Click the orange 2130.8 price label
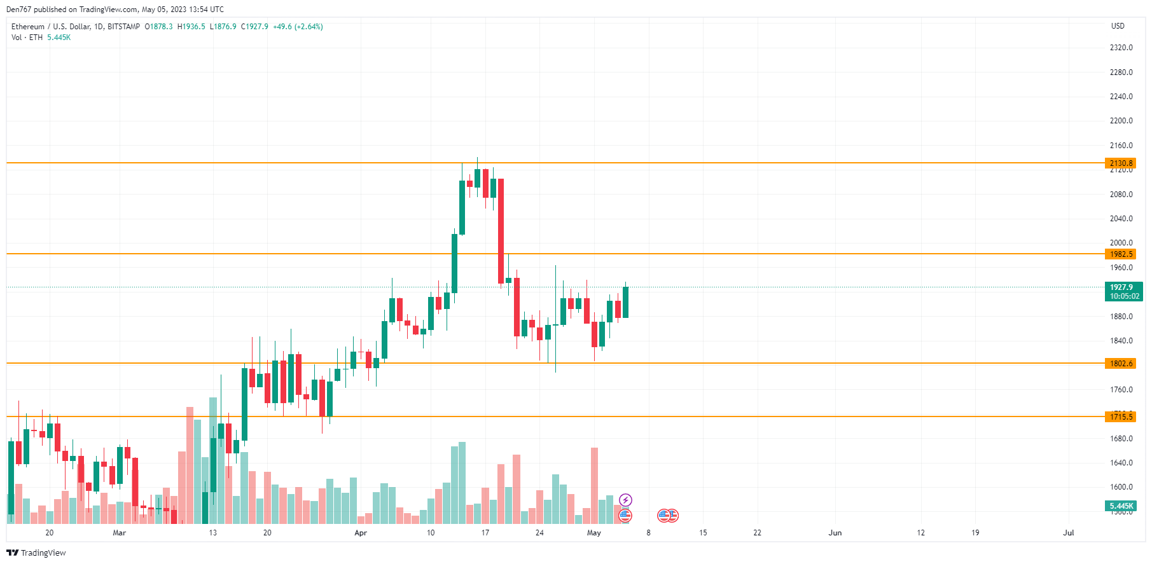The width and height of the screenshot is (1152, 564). [1121, 163]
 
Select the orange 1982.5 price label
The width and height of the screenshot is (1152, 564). [1121, 254]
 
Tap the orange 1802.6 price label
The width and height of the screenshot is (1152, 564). [1121, 364]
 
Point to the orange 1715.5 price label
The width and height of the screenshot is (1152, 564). [1121, 417]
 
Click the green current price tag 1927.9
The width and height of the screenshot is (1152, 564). [1123, 291]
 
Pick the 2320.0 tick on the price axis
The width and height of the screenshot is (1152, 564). [1121, 48]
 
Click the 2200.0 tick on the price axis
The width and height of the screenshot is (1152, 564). [1121, 121]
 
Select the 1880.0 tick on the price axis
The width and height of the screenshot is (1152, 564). [1121, 317]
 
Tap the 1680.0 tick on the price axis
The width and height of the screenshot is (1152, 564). [1121, 439]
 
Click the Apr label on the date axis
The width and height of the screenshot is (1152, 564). [361, 533]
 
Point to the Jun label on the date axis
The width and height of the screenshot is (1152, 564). [835, 533]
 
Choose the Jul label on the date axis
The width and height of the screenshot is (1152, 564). [1068, 533]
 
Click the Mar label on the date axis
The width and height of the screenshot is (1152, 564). [119, 533]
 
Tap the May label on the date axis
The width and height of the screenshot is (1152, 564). [593, 533]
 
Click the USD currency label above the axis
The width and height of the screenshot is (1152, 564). [1118, 26]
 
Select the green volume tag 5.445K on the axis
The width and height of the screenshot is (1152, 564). [1121, 506]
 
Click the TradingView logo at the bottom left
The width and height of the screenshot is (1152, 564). [36, 553]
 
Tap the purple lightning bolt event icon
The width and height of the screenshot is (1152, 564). [625, 500]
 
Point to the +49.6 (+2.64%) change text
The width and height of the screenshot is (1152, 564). [298, 27]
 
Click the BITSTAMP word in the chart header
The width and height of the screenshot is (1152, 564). [123, 27]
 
